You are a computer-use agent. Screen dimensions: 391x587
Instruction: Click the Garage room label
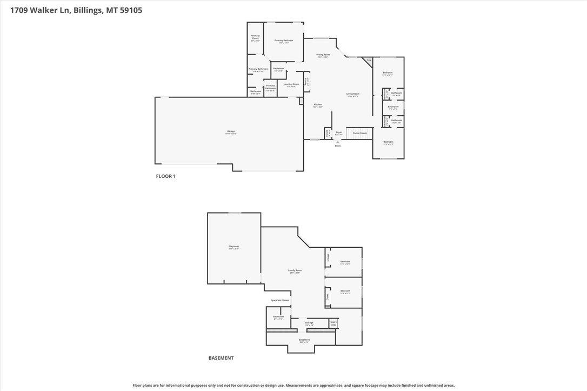coord(231,132)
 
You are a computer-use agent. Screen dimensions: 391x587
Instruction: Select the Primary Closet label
coord(255,38)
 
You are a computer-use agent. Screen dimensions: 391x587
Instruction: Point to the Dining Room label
coord(323,55)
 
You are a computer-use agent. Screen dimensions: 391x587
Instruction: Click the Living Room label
coord(353,95)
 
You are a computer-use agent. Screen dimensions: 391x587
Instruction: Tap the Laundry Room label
coord(291,85)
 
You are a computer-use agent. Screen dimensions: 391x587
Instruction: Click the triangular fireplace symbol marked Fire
coord(368,61)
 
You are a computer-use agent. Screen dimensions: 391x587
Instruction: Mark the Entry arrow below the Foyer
coord(338,142)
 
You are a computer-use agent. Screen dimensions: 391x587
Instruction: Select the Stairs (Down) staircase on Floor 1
coord(359,133)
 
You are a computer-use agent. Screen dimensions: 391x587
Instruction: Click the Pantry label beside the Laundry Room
coord(306,82)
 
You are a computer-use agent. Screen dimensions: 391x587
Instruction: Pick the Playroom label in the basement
coord(234,247)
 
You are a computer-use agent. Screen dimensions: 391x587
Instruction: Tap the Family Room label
coord(295,271)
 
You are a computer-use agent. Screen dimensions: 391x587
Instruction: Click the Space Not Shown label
coord(280,300)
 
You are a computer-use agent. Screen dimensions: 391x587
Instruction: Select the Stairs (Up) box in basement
coord(333,323)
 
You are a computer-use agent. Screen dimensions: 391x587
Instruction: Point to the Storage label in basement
coord(309,323)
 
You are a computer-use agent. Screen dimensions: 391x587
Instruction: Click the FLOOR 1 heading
coord(166,176)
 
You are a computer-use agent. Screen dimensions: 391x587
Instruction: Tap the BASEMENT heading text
coord(221,358)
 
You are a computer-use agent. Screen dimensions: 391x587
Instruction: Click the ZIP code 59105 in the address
coord(130,10)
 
